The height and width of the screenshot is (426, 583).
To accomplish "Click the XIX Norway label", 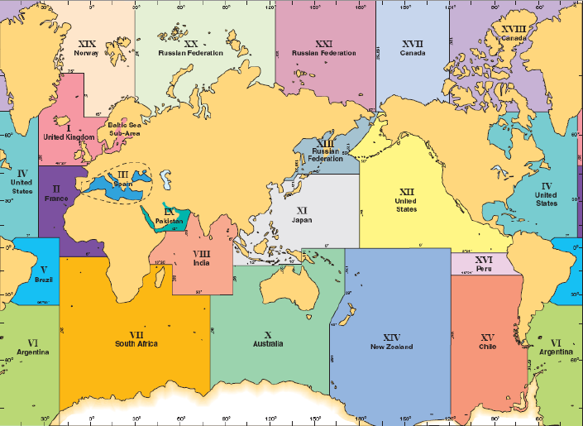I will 86,47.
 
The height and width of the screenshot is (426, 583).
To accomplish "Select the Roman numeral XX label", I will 191,42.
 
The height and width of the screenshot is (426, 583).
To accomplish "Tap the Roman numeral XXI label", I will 324,42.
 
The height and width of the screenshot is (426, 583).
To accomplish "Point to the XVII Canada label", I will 413,47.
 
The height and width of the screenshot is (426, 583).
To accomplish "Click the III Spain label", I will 122,179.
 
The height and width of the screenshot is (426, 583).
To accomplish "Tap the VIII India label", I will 201,258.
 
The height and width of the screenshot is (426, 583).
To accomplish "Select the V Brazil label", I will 43,275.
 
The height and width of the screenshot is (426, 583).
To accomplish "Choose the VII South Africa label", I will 136,338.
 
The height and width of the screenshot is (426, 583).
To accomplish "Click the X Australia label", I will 268,338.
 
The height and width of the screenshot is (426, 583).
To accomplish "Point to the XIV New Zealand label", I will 392,342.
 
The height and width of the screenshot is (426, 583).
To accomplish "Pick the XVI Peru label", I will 485,264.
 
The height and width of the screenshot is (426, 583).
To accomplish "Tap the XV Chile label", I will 487,342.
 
